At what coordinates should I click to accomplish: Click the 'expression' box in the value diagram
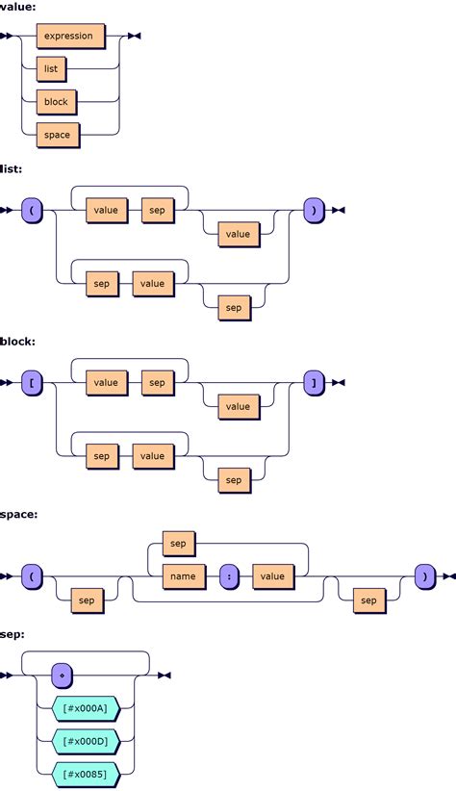[68, 36]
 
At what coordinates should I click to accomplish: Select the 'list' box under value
[51, 68]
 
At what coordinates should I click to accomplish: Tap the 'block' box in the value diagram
[56, 101]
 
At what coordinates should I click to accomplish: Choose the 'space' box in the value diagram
[57, 135]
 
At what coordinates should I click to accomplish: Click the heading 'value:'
[18, 7]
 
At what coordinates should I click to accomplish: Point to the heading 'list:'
[13, 168]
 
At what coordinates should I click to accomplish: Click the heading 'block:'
[17, 342]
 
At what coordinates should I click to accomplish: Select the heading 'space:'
[19, 515]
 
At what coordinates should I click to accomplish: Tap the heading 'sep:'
[13, 636]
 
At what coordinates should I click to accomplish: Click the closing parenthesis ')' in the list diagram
[314, 210]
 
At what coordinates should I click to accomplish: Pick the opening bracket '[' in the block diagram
[32, 383]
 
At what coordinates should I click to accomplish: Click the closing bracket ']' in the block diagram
[314, 383]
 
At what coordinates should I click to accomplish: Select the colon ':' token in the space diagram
[229, 576]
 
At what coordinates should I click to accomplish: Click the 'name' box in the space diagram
[183, 576]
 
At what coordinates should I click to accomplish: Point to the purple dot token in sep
[63, 675]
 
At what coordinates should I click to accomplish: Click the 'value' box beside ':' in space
[272, 576]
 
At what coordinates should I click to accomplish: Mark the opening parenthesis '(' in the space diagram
[32, 576]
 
